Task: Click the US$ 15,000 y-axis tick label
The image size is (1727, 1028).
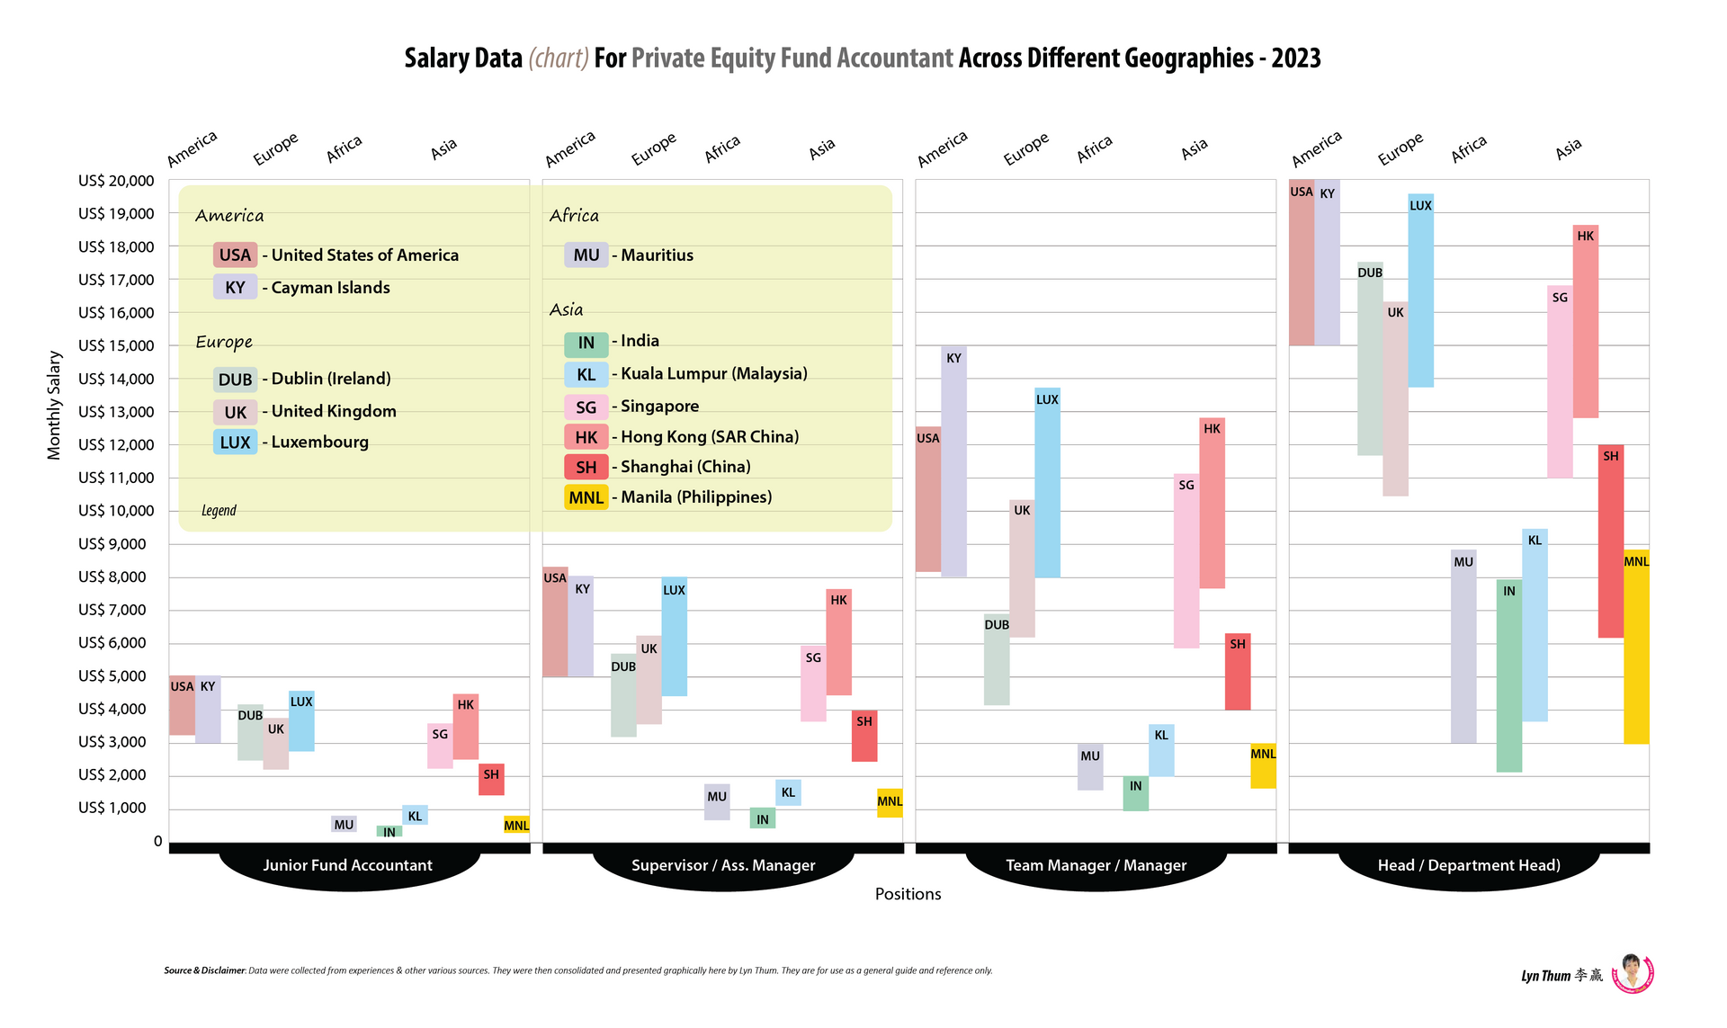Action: point(116,345)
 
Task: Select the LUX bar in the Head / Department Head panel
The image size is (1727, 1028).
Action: point(1420,291)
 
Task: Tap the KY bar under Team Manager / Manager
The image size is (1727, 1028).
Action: point(953,461)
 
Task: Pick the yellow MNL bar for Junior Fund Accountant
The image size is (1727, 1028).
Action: point(516,824)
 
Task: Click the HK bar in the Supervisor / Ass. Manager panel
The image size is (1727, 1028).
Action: point(838,642)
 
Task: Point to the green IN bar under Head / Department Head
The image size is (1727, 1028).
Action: point(1509,675)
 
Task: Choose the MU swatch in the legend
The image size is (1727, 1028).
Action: point(586,255)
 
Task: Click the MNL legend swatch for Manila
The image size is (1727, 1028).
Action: point(586,497)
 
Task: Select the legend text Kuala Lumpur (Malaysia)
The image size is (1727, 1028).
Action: point(714,373)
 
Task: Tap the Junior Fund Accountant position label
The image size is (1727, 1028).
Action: point(347,865)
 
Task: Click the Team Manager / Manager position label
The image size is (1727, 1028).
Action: point(1096,865)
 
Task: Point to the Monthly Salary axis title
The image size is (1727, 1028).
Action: point(54,405)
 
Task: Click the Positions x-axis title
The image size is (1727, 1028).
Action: point(908,894)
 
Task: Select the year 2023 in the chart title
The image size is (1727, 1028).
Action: point(1296,58)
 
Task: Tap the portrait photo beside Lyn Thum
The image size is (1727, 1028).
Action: point(1633,973)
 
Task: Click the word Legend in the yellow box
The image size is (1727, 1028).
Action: point(219,511)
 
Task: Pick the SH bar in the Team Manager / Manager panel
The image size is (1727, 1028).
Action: point(1238,672)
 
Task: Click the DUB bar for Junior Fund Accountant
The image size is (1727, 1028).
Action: point(250,732)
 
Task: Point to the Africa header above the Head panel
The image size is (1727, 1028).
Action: point(1469,149)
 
